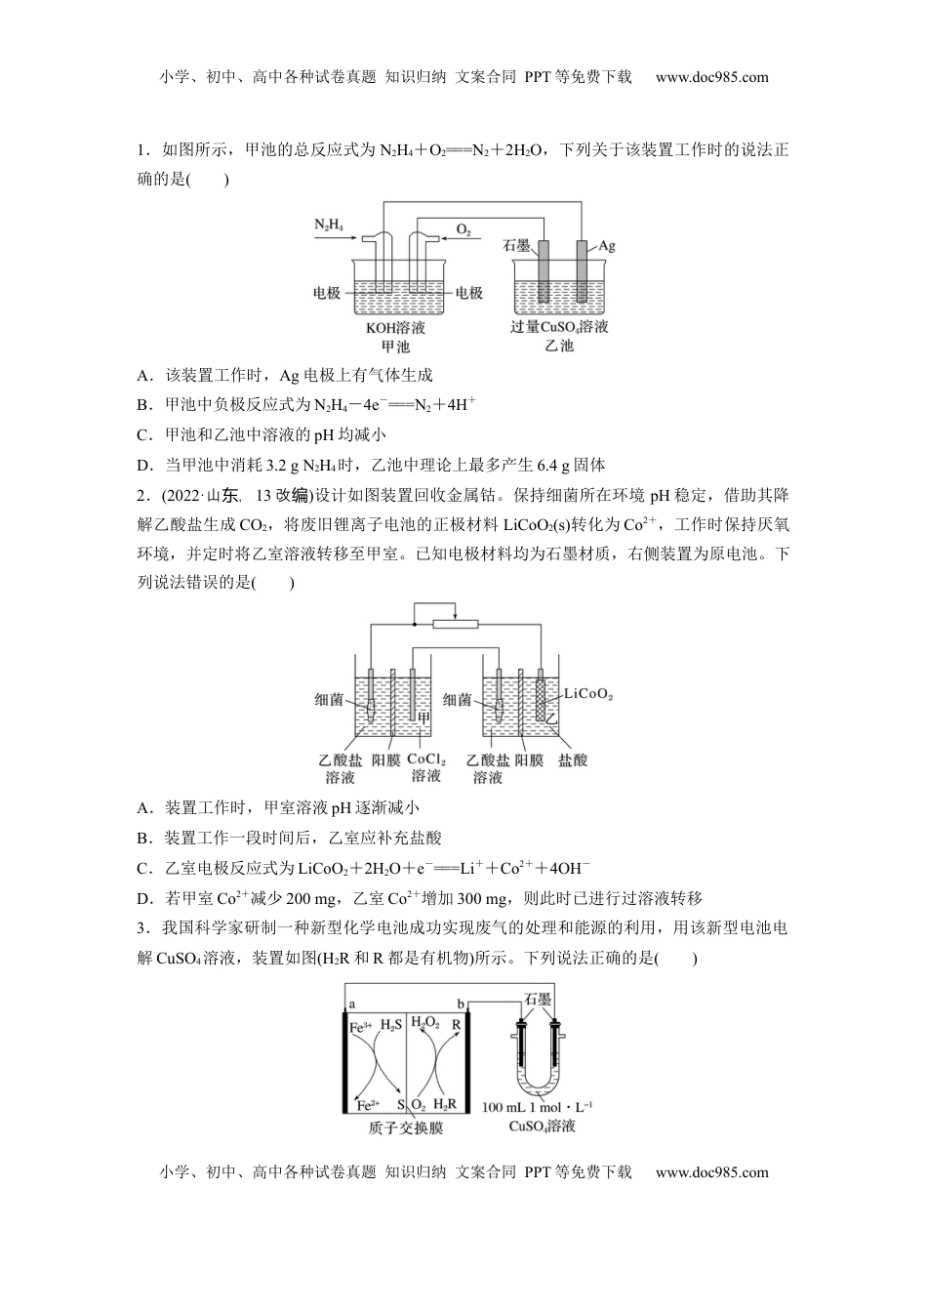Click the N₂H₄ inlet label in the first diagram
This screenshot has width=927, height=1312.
coord(328,225)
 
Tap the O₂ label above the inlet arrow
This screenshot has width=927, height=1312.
coord(463,230)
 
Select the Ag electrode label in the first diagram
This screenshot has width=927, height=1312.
coord(606,245)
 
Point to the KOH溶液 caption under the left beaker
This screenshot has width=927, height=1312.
coord(395,327)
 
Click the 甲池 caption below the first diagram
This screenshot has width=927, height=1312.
coord(394,346)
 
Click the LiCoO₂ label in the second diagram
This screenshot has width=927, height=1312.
coord(589,695)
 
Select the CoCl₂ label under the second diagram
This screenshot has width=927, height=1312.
coord(426,758)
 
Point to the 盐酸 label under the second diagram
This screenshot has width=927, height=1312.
coord(573,758)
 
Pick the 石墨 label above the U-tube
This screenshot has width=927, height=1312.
coord(538,999)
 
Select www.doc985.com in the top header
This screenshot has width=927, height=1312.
coord(711,77)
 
